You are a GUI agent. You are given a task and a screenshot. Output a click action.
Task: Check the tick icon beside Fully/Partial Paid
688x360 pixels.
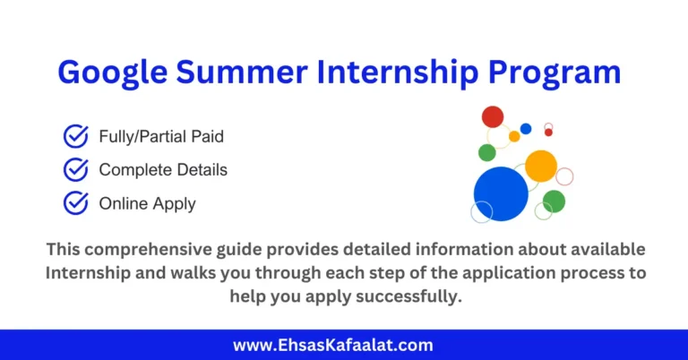coord(76,136)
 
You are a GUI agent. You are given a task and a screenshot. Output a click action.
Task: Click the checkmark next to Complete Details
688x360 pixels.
coord(76,169)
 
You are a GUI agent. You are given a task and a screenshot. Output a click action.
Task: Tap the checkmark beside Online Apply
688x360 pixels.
coord(76,203)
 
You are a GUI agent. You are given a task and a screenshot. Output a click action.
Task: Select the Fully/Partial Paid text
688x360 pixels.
coord(161,137)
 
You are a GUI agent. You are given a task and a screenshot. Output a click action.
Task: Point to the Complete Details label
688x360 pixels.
coord(163,170)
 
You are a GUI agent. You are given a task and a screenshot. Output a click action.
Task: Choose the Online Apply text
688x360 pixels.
coord(147,204)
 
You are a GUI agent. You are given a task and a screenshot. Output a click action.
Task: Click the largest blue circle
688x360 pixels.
coord(501,193)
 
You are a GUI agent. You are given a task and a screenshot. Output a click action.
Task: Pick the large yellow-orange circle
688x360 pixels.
coord(541,166)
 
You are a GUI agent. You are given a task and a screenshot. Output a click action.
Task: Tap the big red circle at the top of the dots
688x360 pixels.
coord(493,116)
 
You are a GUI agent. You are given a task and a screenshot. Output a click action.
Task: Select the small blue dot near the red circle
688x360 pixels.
coord(526,129)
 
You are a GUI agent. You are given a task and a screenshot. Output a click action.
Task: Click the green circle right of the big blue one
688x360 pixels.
coord(555,201)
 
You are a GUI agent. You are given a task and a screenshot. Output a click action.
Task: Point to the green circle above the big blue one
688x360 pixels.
coord(486,152)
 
